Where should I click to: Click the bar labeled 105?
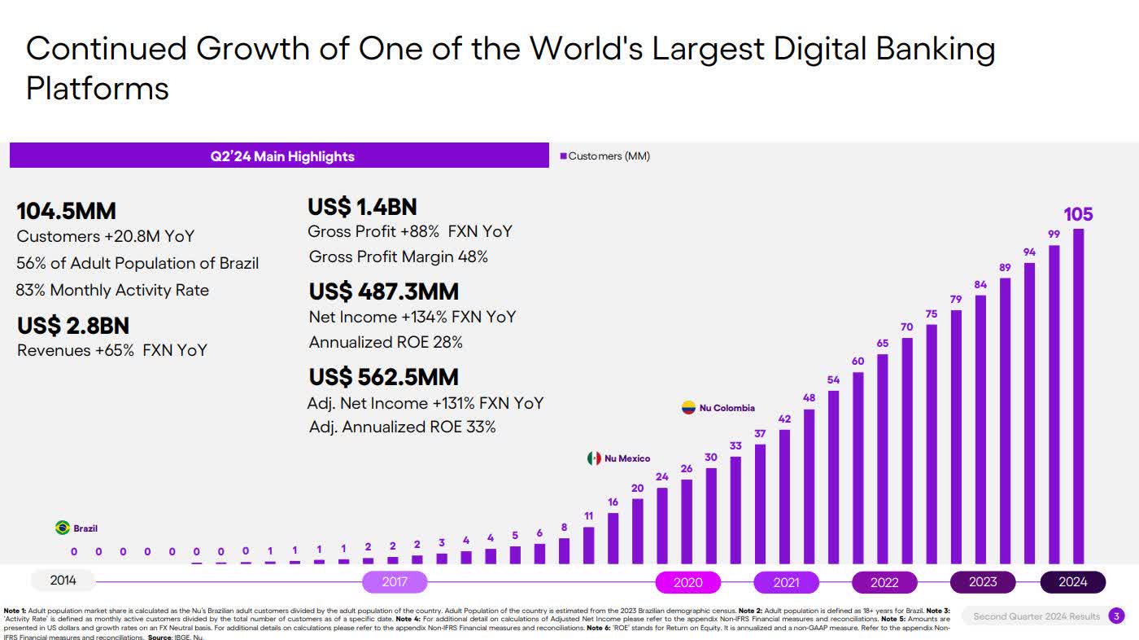point(1078,396)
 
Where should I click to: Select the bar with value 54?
point(833,476)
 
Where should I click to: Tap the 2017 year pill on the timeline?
point(395,582)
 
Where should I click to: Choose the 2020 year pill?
point(688,582)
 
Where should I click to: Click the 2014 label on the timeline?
point(63,581)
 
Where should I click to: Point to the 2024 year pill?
point(1073,582)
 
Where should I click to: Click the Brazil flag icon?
point(62,528)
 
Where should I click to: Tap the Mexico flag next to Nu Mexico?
point(594,458)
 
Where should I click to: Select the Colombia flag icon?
point(689,408)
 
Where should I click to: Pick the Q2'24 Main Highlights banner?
point(279,156)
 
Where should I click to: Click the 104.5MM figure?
point(66,212)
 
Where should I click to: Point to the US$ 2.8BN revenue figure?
point(73,326)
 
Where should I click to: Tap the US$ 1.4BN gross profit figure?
point(362,207)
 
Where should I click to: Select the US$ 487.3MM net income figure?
point(383,292)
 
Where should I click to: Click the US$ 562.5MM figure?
point(383,377)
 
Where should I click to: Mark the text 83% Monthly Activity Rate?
point(112,290)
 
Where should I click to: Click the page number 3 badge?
point(1117,616)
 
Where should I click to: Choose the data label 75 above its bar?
point(932,313)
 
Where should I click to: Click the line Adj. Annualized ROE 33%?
point(402,427)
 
